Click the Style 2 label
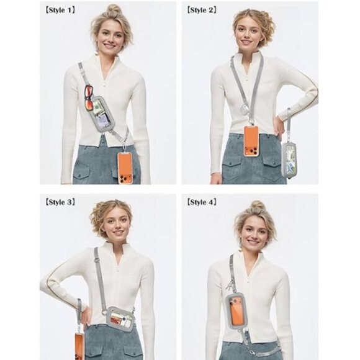(x=202, y=10)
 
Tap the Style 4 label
(x=202, y=202)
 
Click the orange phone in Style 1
(x=125, y=166)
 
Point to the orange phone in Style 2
(x=251, y=141)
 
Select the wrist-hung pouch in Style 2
(x=289, y=159)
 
